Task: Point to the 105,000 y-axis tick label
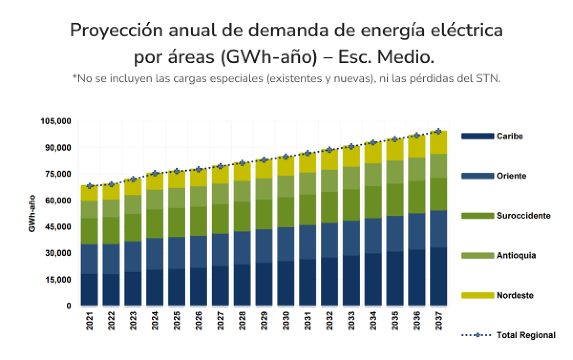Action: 56,121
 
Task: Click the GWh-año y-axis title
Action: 32,213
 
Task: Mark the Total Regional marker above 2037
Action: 438,131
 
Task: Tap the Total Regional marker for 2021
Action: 89,186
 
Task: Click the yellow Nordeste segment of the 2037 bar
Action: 438,142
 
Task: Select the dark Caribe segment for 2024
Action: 155,287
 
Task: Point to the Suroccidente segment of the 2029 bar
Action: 264,214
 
